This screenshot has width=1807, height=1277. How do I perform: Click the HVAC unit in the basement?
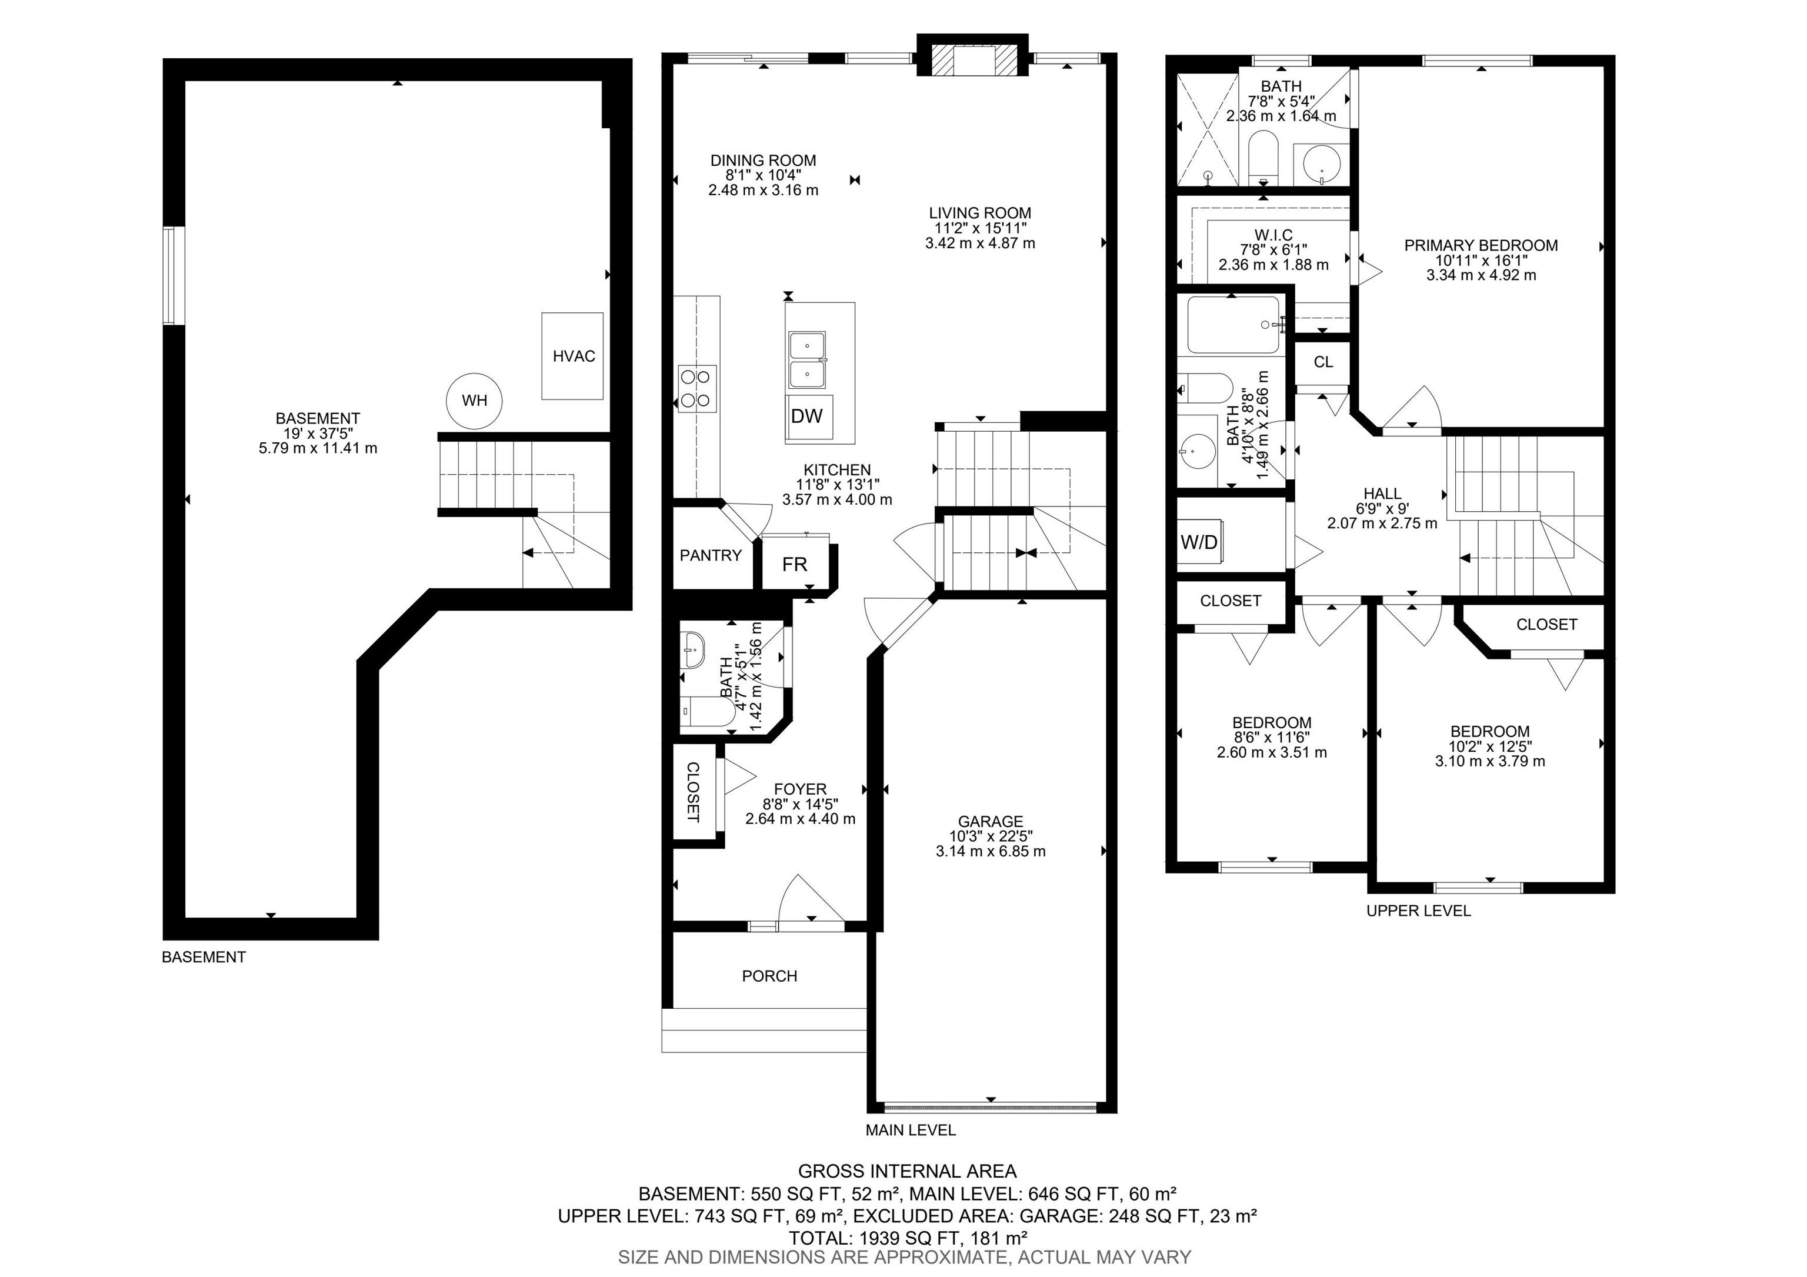click(x=572, y=356)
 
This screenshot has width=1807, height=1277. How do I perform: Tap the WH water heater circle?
click(x=475, y=401)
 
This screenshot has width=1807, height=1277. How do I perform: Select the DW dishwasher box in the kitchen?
click(x=808, y=417)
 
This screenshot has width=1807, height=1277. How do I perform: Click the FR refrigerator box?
click(x=795, y=564)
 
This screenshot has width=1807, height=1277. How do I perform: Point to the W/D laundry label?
click(x=1199, y=542)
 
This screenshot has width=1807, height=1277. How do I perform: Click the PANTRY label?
click(x=711, y=555)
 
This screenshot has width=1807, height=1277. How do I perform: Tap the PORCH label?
click(x=770, y=976)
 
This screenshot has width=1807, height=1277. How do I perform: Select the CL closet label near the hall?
click(x=1323, y=362)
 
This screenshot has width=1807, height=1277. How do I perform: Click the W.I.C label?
click(x=1273, y=235)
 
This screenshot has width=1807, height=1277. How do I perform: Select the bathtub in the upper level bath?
click(x=1235, y=325)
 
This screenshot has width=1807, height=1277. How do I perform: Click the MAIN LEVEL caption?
click(x=911, y=1131)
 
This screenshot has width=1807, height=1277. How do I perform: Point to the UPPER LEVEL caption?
click(x=1418, y=911)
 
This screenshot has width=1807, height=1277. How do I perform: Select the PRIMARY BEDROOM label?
click(x=1481, y=245)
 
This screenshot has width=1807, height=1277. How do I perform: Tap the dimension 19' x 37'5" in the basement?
click(x=318, y=434)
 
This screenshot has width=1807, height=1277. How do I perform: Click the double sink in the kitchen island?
click(x=806, y=361)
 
